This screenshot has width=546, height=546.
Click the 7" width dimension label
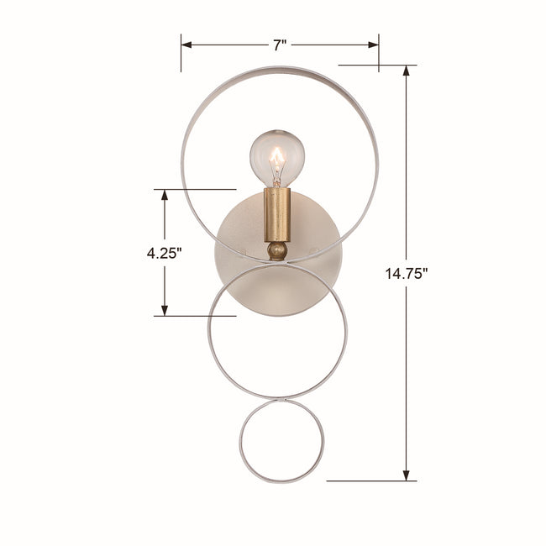[x=279, y=45]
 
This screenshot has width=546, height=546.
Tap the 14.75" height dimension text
[x=406, y=273]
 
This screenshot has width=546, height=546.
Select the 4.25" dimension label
[x=164, y=253]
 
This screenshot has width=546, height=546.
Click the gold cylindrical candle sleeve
[x=277, y=215]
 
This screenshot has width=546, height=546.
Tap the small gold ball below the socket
[x=277, y=250]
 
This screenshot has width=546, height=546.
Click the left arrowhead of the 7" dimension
[x=186, y=45]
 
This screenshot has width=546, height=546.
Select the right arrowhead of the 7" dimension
[x=373, y=45]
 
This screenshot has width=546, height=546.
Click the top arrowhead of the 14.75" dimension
[x=406, y=71]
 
